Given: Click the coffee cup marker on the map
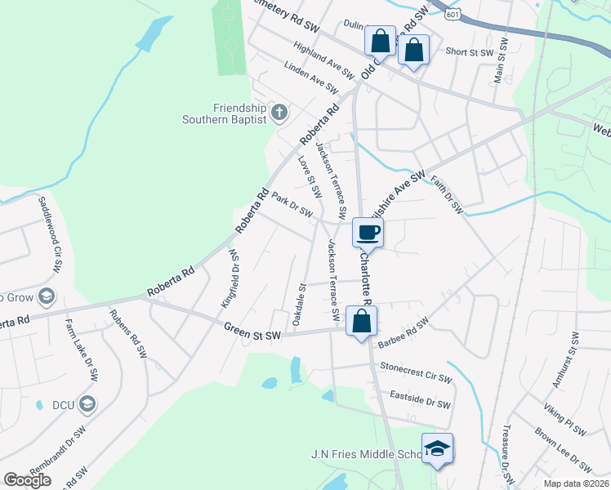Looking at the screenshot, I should click(368, 232).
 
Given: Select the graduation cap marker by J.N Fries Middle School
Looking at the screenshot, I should click(437, 448).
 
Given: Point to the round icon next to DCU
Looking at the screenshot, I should click(88, 403).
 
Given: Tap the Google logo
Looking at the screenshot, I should click(28, 479).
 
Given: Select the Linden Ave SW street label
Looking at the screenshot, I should click(311, 78).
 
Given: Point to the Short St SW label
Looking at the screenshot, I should click(470, 52).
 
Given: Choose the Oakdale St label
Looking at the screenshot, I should click(299, 301).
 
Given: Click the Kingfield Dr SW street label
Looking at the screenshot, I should click(230, 278).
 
